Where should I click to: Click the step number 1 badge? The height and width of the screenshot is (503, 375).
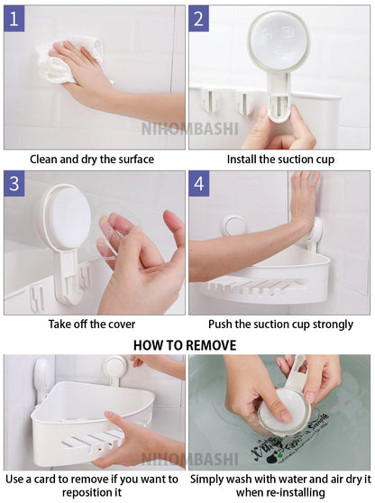(x=14, y=19)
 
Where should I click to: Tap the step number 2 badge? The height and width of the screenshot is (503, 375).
(x=198, y=19)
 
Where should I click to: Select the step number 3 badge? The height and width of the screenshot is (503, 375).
(x=14, y=184)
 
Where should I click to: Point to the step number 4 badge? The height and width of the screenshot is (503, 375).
(x=199, y=184)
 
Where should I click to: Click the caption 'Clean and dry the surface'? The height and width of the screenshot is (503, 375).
(x=92, y=160)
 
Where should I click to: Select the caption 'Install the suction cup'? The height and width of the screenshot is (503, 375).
(x=280, y=160)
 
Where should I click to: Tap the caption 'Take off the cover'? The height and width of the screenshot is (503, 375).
(x=92, y=324)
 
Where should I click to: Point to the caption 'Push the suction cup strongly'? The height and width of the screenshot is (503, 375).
(x=280, y=324)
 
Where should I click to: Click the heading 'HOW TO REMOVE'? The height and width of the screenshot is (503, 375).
(x=185, y=345)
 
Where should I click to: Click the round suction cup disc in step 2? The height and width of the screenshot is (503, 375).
(x=279, y=40)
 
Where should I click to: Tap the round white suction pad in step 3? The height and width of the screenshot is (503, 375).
(x=68, y=216)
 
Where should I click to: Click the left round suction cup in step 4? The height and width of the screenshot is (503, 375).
(x=234, y=226)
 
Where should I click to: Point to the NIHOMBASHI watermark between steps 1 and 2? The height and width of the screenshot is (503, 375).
(x=189, y=129)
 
